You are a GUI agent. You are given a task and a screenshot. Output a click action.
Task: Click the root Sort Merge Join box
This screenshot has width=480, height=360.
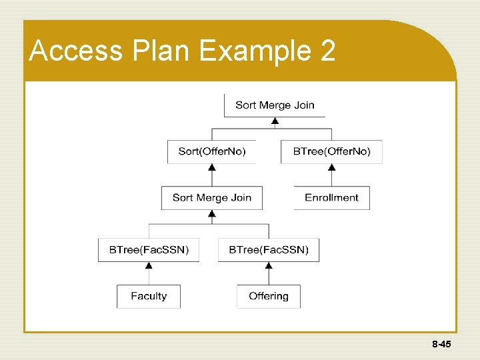coord(275,105)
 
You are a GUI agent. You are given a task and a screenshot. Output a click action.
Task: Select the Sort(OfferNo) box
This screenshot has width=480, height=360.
coord(212,151)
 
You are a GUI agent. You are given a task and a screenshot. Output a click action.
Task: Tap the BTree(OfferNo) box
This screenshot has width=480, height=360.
coord(331,151)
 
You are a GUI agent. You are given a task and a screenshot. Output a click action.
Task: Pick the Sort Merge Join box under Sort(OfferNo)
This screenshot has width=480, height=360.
coord(212,197)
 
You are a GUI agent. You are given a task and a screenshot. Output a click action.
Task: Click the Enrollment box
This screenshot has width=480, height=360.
coord(331,197)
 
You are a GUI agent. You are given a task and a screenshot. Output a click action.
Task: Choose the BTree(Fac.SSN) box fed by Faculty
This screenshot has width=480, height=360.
coord(149,250)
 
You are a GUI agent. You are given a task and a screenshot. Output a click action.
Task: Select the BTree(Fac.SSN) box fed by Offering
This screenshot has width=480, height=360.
coord(269,250)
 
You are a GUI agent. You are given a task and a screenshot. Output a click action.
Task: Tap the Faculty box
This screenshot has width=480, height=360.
coord(149,296)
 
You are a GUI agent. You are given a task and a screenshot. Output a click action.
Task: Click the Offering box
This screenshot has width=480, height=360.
coord(269,296)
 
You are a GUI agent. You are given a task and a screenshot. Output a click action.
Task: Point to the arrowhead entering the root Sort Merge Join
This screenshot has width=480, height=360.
coord(275,122)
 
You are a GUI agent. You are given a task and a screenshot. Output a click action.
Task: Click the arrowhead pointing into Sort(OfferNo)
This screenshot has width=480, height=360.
coord(212,167)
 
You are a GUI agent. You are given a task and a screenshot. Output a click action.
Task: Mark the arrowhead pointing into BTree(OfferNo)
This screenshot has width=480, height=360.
coord(331,167)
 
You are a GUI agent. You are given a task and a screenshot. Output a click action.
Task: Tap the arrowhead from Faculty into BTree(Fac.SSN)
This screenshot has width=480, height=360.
coord(149,265)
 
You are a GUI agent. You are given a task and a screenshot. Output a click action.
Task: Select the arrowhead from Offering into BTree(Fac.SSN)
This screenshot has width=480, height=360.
coord(269,265)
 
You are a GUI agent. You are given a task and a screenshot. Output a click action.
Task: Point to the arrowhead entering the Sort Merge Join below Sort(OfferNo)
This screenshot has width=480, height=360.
coord(212,213)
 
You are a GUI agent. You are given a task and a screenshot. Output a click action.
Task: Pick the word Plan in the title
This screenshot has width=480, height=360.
coord(157,51)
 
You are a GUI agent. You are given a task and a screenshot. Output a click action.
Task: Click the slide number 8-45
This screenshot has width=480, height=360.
coord(441,345)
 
